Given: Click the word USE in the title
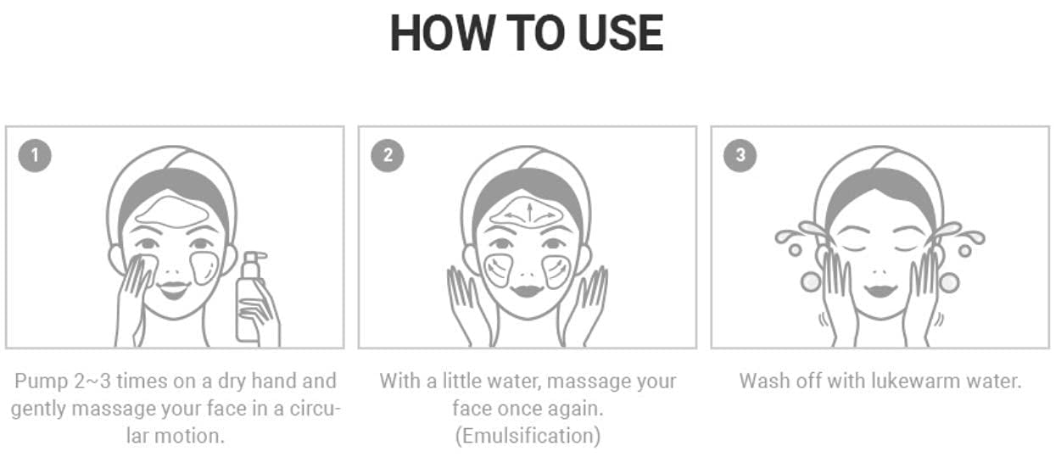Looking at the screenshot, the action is click(621, 33).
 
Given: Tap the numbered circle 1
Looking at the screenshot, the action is click(35, 155).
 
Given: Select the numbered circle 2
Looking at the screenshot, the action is click(388, 155).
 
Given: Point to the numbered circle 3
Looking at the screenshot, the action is click(740, 155).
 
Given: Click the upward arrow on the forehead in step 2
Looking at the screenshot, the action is click(530, 213).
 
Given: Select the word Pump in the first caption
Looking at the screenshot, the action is click(42, 382).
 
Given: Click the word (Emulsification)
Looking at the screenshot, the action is click(528, 436).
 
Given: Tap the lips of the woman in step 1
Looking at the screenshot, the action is click(174, 288).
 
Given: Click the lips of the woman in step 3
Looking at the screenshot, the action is click(880, 289).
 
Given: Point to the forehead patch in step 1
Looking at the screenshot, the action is click(171, 212).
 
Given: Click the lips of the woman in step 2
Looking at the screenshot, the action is click(527, 290).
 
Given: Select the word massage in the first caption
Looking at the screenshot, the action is click(113, 409).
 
